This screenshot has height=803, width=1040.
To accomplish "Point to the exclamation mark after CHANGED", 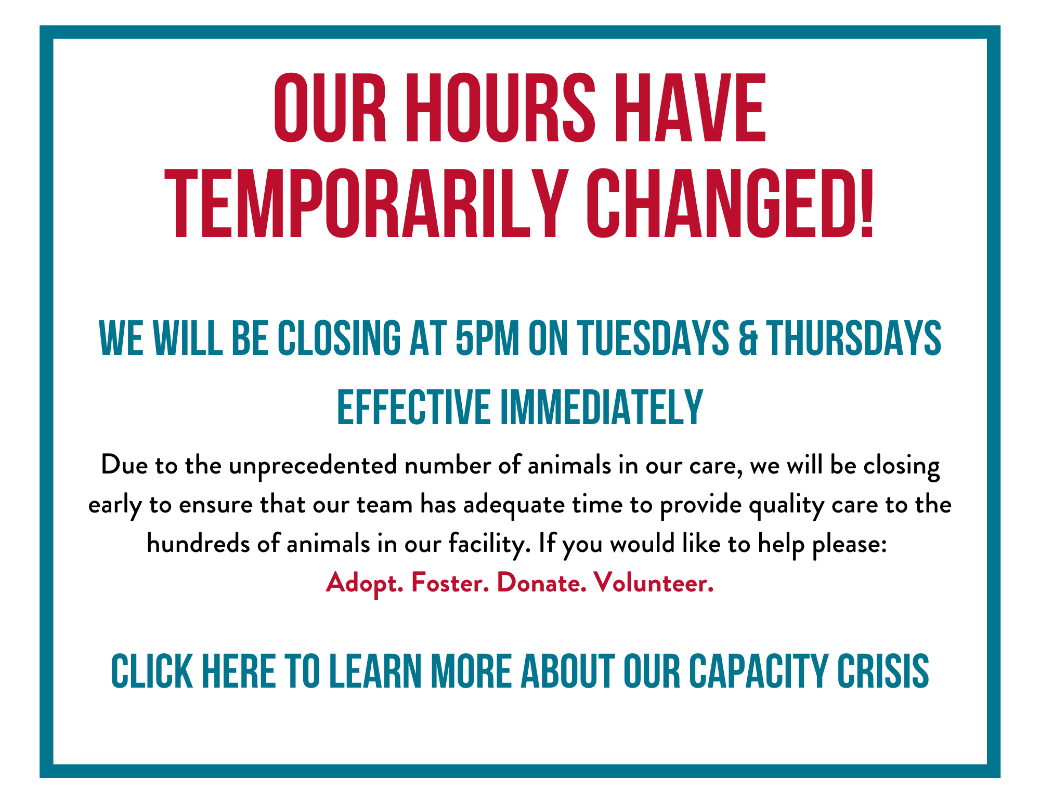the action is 865,204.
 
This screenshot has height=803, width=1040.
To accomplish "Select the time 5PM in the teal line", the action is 487,338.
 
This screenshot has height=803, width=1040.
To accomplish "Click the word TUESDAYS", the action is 654,338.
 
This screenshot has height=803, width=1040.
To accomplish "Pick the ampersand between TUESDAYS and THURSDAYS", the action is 748,338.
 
